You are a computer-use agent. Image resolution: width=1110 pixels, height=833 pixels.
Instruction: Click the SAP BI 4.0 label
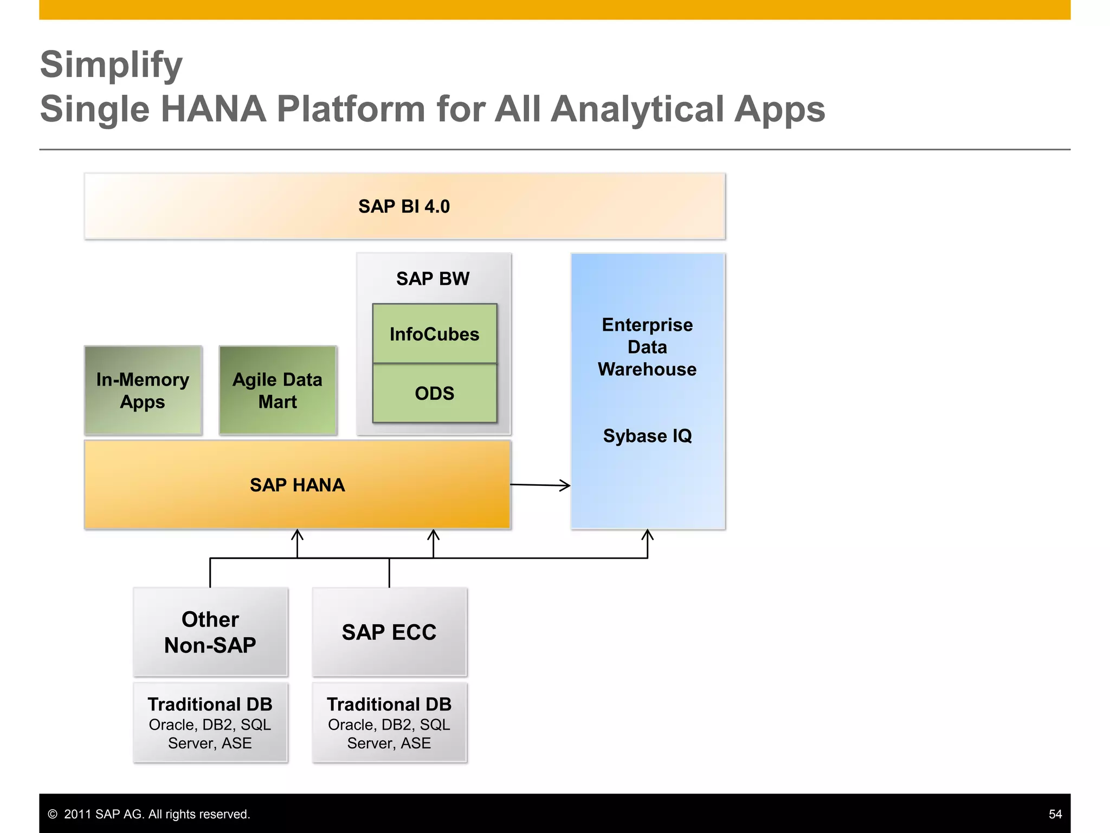click(x=404, y=207)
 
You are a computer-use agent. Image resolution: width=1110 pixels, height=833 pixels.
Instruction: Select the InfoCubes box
click(x=434, y=334)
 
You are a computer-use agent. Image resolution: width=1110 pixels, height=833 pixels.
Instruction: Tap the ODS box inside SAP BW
click(x=434, y=393)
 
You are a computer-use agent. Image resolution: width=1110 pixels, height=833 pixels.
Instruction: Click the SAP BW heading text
click(x=433, y=279)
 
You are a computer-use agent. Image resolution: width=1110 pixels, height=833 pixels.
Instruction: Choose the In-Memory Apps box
click(x=143, y=390)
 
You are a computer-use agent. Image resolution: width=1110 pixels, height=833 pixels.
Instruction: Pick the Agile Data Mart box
click(x=277, y=390)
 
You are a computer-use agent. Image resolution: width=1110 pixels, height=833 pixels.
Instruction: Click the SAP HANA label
click(x=297, y=485)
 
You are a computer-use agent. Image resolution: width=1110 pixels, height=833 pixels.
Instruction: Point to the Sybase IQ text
click(x=647, y=436)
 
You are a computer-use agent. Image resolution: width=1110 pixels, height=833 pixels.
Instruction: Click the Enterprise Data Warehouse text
click(x=647, y=347)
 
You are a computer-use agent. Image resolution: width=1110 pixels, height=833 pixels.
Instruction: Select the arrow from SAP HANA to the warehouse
click(x=540, y=485)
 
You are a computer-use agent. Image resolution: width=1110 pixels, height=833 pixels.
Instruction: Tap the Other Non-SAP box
click(x=210, y=632)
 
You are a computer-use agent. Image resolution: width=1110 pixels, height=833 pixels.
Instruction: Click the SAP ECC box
click(x=389, y=632)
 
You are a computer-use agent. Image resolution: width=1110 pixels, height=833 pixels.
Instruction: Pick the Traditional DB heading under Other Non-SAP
click(x=210, y=704)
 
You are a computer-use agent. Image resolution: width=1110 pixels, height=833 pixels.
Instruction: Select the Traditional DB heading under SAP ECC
click(x=389, y=704)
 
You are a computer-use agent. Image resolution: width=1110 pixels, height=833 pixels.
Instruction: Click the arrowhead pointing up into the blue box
click(x=647, y=535)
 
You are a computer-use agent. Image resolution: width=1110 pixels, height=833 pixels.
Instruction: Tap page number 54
click(x=1055, y=814)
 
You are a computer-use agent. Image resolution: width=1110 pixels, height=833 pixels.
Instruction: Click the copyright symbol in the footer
click(x=53, y=814)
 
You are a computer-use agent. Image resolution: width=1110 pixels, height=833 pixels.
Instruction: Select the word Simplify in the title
click(x=112, y=65)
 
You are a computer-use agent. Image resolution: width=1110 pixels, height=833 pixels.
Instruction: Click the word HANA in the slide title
click(x=214, y=109)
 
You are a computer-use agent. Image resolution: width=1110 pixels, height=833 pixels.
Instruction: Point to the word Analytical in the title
click(x=637, y=109)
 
